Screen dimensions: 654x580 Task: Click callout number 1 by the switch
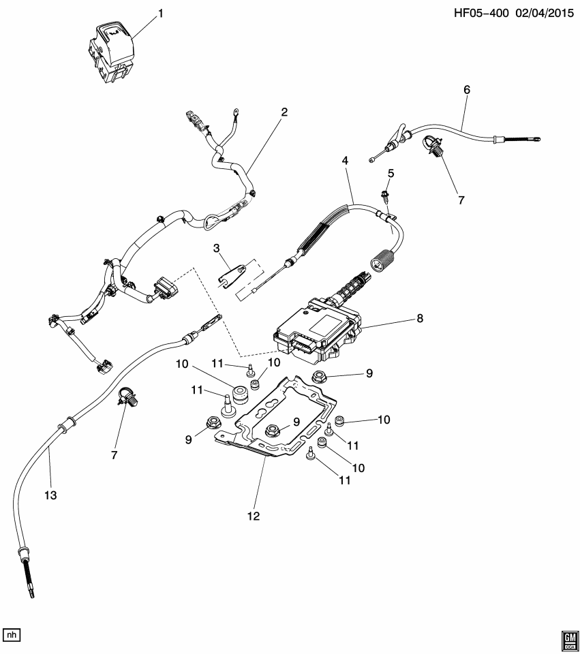pyautogui.click(x=161, y=14)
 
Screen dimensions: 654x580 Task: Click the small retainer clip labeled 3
pyautogui.click(x=232, y=275)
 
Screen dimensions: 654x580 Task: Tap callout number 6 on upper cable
pyautogui.click(x=466, y=89)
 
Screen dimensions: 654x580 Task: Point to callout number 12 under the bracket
pyautogui.click(x=254, y=516)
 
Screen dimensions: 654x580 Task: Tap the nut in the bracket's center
pyautogui.click(x=272, y=430)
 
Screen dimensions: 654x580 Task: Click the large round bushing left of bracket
pyautogui.click(x=241, y=394)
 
